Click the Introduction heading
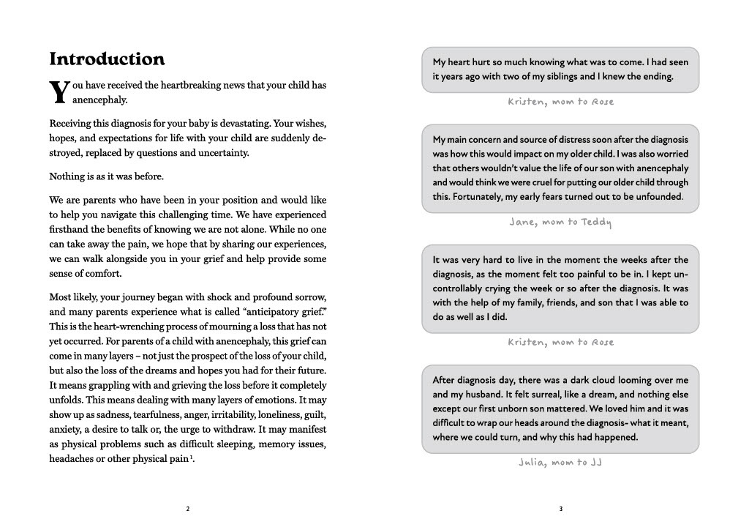(x=107, y=59)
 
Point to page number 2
(x=188, y=509)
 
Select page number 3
(x=560, y=509)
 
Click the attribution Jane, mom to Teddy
(x=560, y=222)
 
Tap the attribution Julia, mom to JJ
(x=560, y=462)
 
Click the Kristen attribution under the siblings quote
(x=560, y=102)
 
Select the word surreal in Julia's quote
(x=543, y=396)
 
